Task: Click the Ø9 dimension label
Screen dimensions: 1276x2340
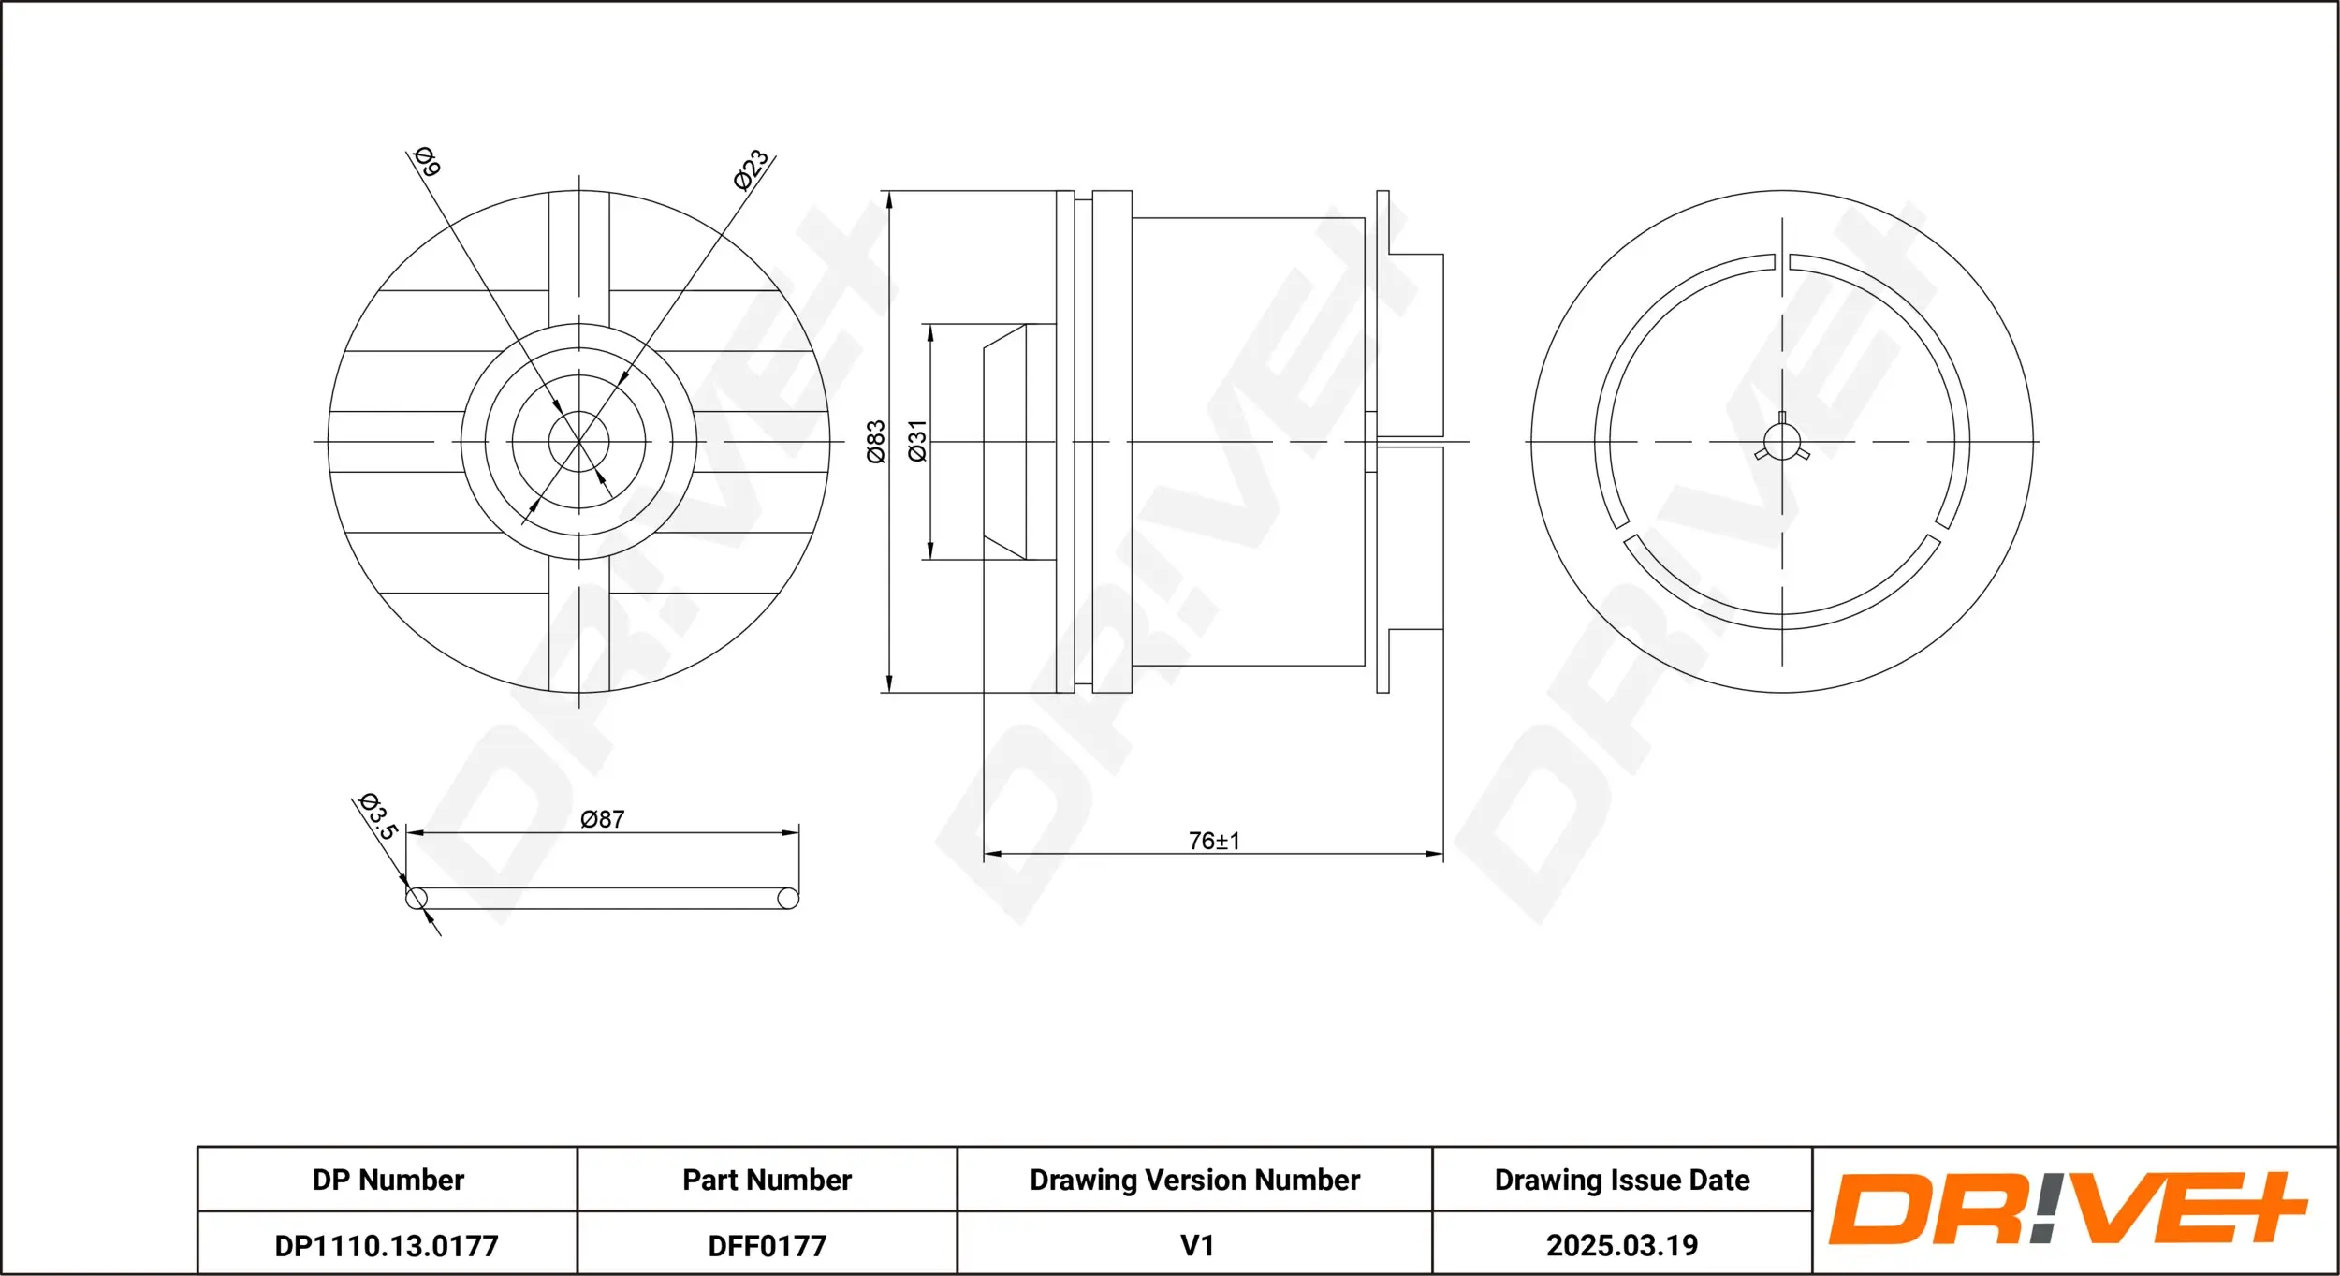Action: coord(427,162)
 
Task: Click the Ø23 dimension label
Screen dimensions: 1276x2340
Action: coord(751,169)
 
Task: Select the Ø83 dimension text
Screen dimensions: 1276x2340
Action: coord(875,441)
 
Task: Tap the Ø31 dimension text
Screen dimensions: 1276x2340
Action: coord(917,441)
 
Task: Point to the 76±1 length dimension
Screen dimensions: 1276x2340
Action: coord(1214,841)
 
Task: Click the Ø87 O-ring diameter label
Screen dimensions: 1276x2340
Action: coord(602,819)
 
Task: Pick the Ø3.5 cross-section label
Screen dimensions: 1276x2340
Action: coord(379,816)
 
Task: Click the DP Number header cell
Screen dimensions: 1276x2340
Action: coord(388,1180)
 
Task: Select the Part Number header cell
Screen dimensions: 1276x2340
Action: coord(767,1180)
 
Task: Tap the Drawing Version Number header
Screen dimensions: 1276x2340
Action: coord(1194,1180)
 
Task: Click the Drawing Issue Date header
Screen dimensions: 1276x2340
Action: coord(1621,1180)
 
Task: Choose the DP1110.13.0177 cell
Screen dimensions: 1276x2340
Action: coord(387,1245)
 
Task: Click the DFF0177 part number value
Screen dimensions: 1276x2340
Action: coord(767,1245)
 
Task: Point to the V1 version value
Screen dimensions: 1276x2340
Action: coord(1196,1245)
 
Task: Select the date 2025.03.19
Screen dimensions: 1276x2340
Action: coord(1621,1245)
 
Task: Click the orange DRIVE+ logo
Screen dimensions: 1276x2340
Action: coord(2069,1210)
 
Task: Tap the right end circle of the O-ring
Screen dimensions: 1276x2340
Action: coord(788,899)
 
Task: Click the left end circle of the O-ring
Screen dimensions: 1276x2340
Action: coord(417,899)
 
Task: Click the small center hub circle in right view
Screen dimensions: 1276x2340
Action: coord(1781,442)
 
